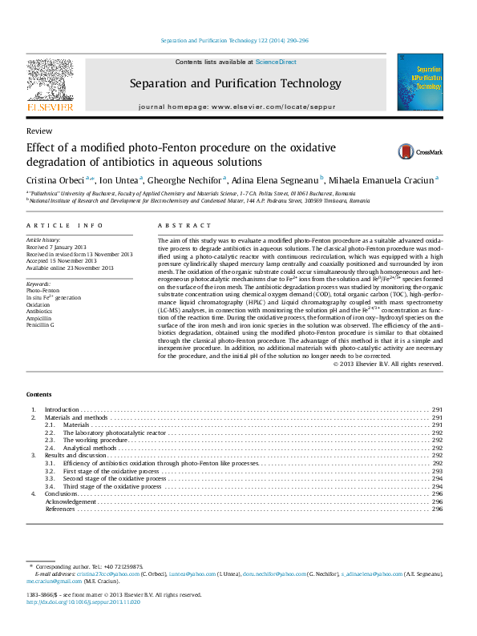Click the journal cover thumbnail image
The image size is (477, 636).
pos(420,83)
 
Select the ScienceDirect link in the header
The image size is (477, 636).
pos(276,62)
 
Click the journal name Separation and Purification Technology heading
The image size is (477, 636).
pos(235,83)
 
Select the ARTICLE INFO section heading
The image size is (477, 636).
pos(64,227)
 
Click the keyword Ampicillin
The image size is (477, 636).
pos(39,319)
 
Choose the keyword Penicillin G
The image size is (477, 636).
pos(40,325)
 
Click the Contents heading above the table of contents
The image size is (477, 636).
pos(38,395)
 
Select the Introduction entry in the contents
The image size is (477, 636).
pos(61,410)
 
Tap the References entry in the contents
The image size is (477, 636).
pos(60,509)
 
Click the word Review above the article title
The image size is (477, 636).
pos(39,131)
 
